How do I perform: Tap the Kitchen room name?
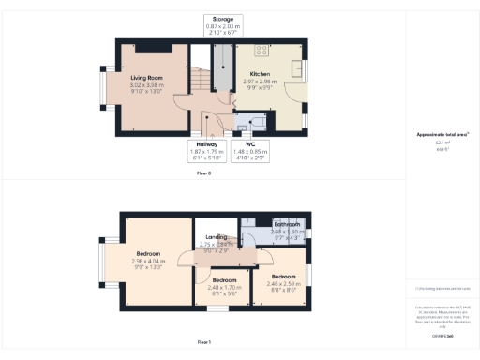[261, 73]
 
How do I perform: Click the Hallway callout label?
[207, 143]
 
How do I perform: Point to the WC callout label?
[250, 143]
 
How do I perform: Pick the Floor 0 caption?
[203, 174]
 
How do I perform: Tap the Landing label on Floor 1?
[217, 237]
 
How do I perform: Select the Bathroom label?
[286, 225]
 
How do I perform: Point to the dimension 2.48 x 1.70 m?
[224, 287]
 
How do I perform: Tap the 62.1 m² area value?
[441, 142]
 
